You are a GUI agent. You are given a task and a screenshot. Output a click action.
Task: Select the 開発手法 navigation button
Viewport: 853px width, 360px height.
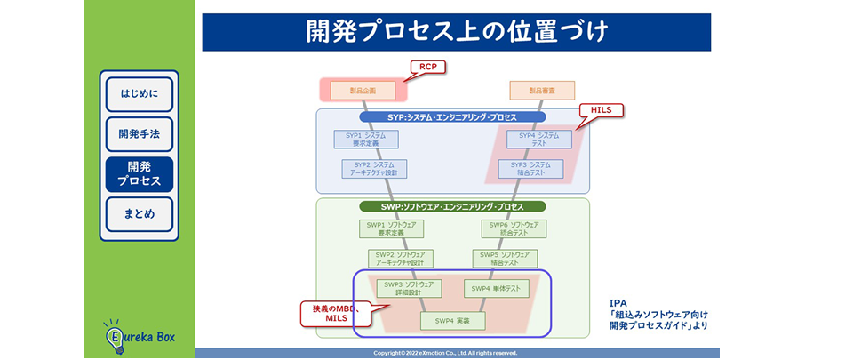(x=140, y=134)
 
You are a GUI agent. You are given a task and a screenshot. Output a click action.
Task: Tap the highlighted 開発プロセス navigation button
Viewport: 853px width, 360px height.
(x=140, y=174)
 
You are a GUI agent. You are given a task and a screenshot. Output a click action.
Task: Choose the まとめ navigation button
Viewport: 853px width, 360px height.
(x=140, y=214)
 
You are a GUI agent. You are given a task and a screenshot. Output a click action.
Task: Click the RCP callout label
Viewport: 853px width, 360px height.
(x=427, y=67)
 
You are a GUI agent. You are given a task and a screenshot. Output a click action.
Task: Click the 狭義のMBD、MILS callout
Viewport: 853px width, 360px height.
(x=335, y=313)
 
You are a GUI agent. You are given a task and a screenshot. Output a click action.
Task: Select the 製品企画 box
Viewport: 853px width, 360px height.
(x=363, y=90)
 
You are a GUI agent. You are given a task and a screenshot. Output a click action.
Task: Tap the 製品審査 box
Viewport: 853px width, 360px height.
(x=542, y=90)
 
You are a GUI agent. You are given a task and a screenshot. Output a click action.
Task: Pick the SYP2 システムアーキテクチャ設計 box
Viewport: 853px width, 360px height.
(x=374, y=169)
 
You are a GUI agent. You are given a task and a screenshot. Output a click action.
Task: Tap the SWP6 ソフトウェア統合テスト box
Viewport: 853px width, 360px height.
(x=514, y=229)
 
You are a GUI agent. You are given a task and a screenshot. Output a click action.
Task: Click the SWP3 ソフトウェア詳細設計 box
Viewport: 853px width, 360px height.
(x=408, y=288)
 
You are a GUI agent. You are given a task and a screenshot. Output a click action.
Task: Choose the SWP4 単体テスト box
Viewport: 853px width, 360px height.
(x=496, y=288)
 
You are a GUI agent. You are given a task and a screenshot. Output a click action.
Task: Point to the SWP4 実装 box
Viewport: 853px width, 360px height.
(x=452, y=320)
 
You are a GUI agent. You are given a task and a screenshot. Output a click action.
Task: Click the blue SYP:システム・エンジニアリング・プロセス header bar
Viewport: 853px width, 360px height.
(x=452, y=116)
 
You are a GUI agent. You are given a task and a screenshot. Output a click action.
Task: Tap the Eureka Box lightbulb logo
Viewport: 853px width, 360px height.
(x=139, y=337)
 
